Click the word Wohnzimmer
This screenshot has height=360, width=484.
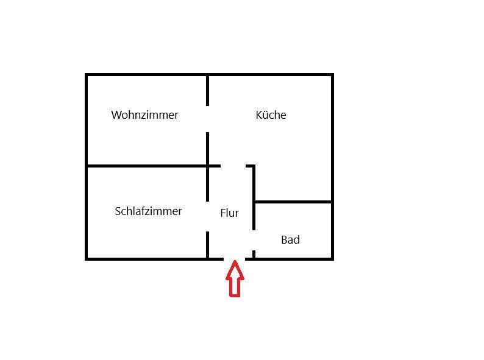click(144, 115)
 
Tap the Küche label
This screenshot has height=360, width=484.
click(271, 115)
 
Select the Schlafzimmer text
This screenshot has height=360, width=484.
click(148, 211)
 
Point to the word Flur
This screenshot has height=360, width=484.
click(229, 213)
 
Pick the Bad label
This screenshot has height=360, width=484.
click(290, 240)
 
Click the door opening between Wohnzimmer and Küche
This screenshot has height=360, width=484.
click(207, 119)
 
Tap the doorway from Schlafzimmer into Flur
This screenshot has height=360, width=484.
click(207, 216)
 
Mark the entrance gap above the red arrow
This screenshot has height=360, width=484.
click(235, 259)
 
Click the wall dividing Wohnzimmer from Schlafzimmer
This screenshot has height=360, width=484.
click(146, 165)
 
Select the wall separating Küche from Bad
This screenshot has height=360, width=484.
click(293, 201)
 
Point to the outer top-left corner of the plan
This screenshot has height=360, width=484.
click(87, 75)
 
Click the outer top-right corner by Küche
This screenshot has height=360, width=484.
click(332, 75)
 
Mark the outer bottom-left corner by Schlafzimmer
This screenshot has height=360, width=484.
click(87, 259)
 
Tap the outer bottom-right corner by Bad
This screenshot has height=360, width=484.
click(332, 259)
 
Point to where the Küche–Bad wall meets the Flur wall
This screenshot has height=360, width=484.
click(254, 201)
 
